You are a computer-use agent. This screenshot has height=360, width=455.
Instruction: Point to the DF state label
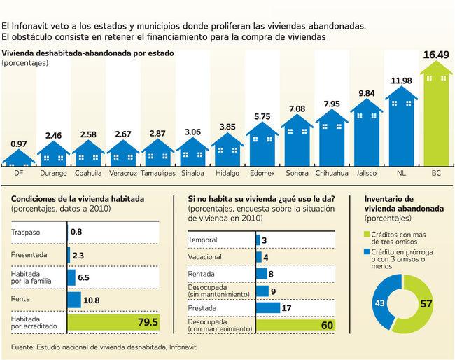point(19,172)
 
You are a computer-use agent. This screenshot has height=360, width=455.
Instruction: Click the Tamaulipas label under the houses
point(158,172)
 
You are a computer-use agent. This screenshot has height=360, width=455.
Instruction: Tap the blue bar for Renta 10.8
point(74,300)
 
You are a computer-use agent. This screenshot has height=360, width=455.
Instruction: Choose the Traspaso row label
point(26,232)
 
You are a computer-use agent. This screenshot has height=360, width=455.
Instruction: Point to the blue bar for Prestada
point(267,307)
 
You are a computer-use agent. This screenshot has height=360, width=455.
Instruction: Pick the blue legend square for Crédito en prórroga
point(367,251)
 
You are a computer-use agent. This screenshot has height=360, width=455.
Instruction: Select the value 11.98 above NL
point(402,81)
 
